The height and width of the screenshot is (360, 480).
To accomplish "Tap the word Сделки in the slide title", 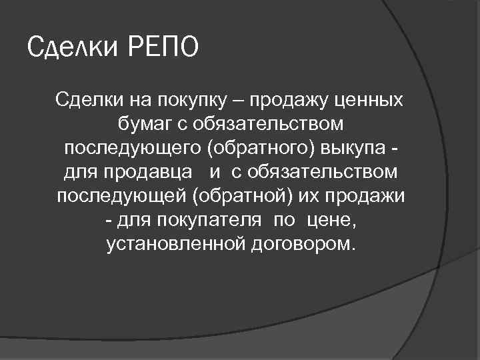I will click(x=73, y=47).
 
